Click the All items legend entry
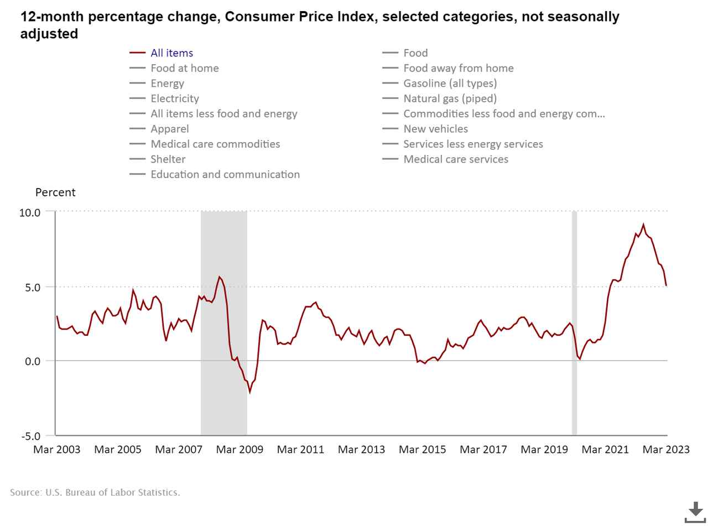(171, 53)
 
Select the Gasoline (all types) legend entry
(450, 84)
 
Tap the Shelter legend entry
(168, 159)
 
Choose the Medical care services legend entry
(455, 159)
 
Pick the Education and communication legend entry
(225, 174)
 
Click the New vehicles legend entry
(435, 129)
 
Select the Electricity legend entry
(174, 98)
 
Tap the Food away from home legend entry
(458, 68)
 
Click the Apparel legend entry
(169, 129)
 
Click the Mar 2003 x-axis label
(56, 450)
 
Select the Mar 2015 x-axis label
(423, 450)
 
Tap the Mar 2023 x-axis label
(666, 450)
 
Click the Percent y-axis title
(55, 192)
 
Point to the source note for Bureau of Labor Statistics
(95, 492)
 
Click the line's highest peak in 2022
(643, 225)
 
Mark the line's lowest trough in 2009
(249, 392)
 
